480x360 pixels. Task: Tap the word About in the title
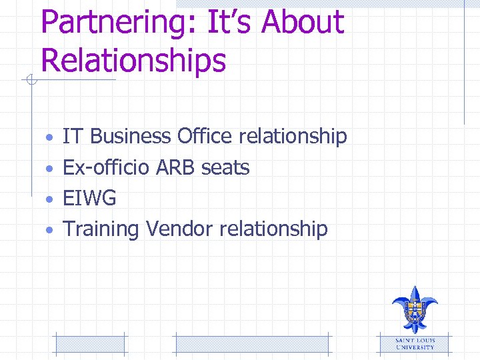pyautogui.click(x=303, y=22)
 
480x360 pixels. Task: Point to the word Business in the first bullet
pyautogui.click(x=131, y=137)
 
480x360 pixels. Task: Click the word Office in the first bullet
pyautogui.click(x=205, y=137)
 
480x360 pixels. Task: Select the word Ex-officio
pyautogui.click(x=107, y=167)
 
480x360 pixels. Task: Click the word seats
pyautogui.click(x=225, y=167)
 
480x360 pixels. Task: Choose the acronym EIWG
pyautogui.click(x=89, y=198)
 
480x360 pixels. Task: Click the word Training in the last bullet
pyautogui.click(x=101, y=229)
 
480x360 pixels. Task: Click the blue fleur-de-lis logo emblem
pyautogui.click(x=415, y=309)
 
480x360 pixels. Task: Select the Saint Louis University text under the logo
pyautogui.click(x=415, y=343)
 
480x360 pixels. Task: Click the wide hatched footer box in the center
pyautogui.click(x=251, y=344)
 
